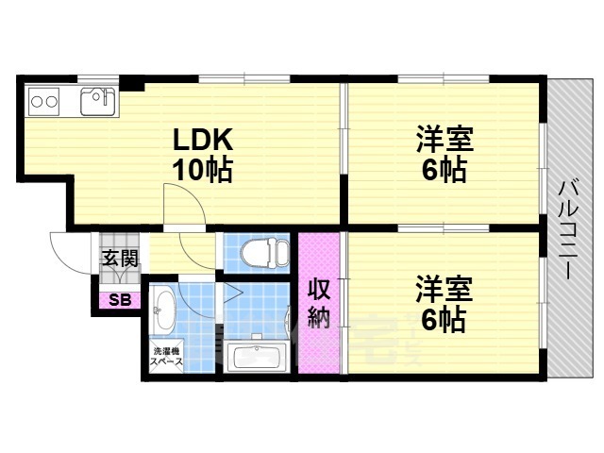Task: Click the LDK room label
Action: coord(203,139)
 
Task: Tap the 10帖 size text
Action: coord(202,170)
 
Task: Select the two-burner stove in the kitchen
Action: coord(44,102)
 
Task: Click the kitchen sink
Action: coord(98,101)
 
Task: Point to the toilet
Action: coord(264,254)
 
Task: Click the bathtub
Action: coord(256,357)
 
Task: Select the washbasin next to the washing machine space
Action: coord(162,312)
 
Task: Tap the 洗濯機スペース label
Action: coord(166,357)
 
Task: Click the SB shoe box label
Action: coord(120,300)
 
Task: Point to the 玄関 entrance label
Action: coord(120,258)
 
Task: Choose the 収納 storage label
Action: coord(319,303)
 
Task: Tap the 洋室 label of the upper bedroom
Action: coord(445,139)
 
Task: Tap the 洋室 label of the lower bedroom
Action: coord(445,289)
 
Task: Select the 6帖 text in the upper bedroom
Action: coord(445,170)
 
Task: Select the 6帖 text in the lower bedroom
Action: coord(445,319)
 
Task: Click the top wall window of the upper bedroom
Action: coord(444,79)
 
